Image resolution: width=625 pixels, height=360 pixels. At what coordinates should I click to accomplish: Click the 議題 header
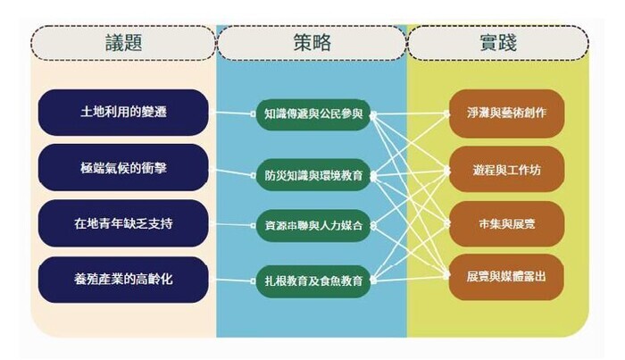coord(123,43)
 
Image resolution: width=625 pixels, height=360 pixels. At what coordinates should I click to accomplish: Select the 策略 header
coord(312,43)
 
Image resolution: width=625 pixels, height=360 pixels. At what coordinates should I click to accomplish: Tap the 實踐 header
coord(498,43)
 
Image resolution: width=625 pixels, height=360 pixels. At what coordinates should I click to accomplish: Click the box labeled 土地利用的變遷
coord(123,113)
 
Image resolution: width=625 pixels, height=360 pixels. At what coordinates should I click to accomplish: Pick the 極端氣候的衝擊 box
coord(123,168)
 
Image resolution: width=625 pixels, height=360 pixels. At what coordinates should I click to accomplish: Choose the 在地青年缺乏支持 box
coord(123,223)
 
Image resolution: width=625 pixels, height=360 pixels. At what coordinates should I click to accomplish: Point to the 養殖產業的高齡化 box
coord(123,279)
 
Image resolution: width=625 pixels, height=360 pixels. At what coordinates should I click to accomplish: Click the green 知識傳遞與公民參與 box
coord(313,114)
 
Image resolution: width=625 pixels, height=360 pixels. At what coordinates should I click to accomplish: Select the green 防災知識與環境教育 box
coord(313,175)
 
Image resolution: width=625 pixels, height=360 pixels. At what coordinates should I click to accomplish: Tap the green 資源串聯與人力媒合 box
coord(313,226)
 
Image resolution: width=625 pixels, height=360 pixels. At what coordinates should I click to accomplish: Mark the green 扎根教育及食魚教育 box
coord(313,281)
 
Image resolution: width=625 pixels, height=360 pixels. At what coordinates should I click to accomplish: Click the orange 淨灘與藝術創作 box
coord(506,113)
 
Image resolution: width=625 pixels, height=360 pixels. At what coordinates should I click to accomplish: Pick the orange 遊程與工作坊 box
coord(506,171)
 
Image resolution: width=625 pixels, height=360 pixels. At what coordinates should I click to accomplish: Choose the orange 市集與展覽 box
coord(506,224)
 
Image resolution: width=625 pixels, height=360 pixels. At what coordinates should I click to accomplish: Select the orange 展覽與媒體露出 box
coord(506,277)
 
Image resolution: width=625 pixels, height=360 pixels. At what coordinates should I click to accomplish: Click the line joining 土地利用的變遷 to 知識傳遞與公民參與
coord(232,113)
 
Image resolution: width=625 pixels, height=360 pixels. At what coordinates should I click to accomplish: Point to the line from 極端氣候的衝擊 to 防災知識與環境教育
coord(232,172)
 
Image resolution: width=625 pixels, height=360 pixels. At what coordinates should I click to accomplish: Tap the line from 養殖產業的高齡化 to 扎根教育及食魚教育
coord(232,280)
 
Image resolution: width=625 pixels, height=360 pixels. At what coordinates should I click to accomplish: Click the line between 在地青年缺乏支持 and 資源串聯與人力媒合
coord(232,225)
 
